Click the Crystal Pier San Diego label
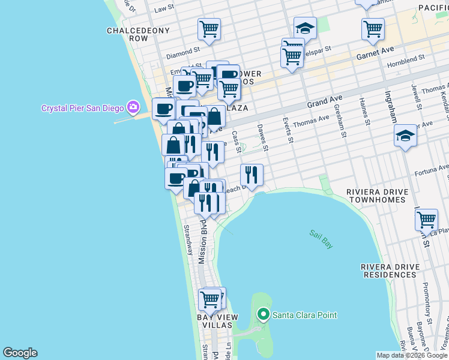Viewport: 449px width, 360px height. [x=82, y=108]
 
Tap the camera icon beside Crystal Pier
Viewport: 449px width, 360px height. [x=133, y=107]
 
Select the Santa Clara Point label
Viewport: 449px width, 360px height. [x=304, y=315]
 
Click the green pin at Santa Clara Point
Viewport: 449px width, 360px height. [x=263, y=314]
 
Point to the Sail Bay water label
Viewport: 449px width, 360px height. [x=321, y=239]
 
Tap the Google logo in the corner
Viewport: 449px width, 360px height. [x=20, y=353]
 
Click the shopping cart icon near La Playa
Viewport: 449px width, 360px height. [x=426, y=220]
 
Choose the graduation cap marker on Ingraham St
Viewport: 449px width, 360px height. [x=406, y=136]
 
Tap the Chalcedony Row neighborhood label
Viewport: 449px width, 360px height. [x=127, y=34]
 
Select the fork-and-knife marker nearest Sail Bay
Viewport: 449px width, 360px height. [x=252, y=175]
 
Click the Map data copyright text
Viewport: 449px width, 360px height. [x=412, y=355]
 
